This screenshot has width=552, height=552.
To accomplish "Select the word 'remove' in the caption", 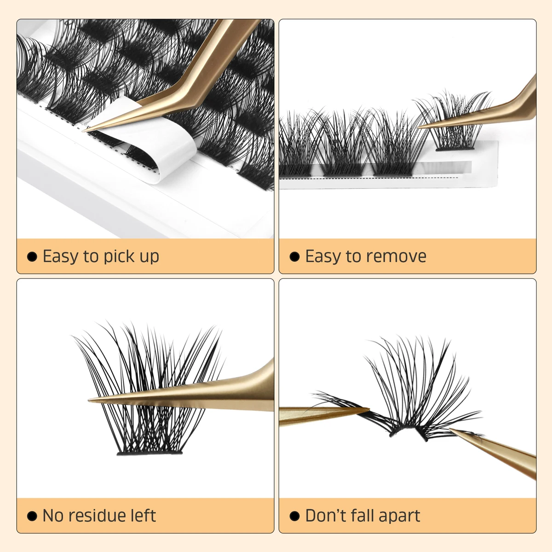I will tap(395, 256).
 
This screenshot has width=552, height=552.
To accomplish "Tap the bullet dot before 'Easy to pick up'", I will tap(32, 257).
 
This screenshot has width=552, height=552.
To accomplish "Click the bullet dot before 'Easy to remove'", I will tap(295, 257).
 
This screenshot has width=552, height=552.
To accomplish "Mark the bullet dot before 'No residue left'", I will tap(32, 516).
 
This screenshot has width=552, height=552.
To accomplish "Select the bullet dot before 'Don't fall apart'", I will tap(295, 516).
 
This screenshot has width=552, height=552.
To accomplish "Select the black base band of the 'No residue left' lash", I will tap(149, 453).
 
